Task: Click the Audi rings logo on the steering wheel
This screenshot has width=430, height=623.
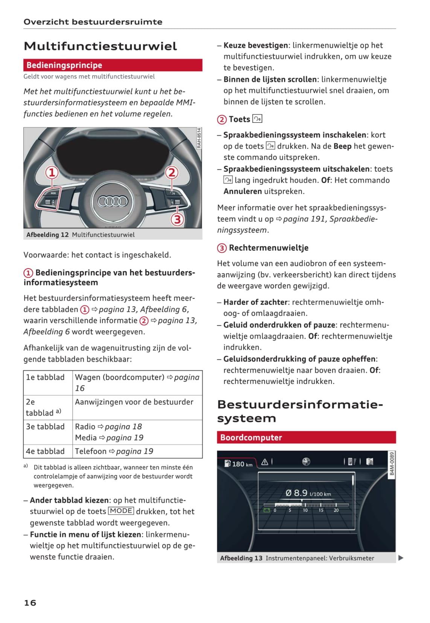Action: click(113, 202)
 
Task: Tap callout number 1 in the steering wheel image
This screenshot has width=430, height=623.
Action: click(52, 173)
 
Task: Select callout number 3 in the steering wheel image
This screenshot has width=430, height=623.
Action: click(177, 219)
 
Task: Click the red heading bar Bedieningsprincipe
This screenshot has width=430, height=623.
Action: click(113, 65)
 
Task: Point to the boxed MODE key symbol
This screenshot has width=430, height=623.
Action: click(121, 511)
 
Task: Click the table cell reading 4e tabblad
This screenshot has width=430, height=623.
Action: click(45, 451)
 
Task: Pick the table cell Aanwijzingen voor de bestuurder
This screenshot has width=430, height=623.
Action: click(134, 402)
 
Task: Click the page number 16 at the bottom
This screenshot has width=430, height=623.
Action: click(30, 603)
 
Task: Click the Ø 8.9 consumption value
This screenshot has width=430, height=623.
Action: click(297, 493)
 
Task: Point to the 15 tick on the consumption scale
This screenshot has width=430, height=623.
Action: click(321, 510)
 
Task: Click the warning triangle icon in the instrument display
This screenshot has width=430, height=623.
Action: click(265, 462)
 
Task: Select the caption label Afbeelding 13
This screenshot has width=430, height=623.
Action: click(241, 558)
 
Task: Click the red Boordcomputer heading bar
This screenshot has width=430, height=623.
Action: click(306, 437)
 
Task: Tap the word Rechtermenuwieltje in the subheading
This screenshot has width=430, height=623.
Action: click(268, 248)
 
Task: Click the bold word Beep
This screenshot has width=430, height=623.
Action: click(342, 146)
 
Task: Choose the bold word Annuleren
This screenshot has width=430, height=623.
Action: click(242, 191)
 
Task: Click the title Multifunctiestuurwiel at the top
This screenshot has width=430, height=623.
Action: click(100, 46)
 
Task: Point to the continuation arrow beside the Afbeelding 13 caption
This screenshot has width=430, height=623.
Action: click(401, 558)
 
